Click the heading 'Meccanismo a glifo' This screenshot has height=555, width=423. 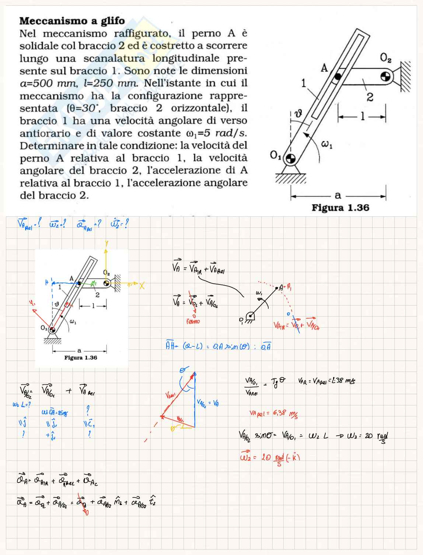[x=72, y=21]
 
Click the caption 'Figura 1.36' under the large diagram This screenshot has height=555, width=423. [x=340, y=208]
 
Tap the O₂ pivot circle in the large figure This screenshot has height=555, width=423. [x=385, y=76]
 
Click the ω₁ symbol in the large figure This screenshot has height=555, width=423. [x=327, y=145]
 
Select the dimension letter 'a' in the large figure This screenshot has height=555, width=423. [x=338, y=195]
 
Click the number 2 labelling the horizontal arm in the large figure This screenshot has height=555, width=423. [x=370, y=97]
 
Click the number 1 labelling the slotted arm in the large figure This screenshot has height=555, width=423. [x=304, y=83]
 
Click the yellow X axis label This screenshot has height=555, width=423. [x=142, y=286]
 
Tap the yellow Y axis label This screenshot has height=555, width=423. [x=106, y=244]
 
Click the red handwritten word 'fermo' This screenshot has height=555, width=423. [x=193, y=321]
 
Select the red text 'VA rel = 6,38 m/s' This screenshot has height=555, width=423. [x=273, y=414]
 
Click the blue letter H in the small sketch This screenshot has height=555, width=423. [x=47, y=282]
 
